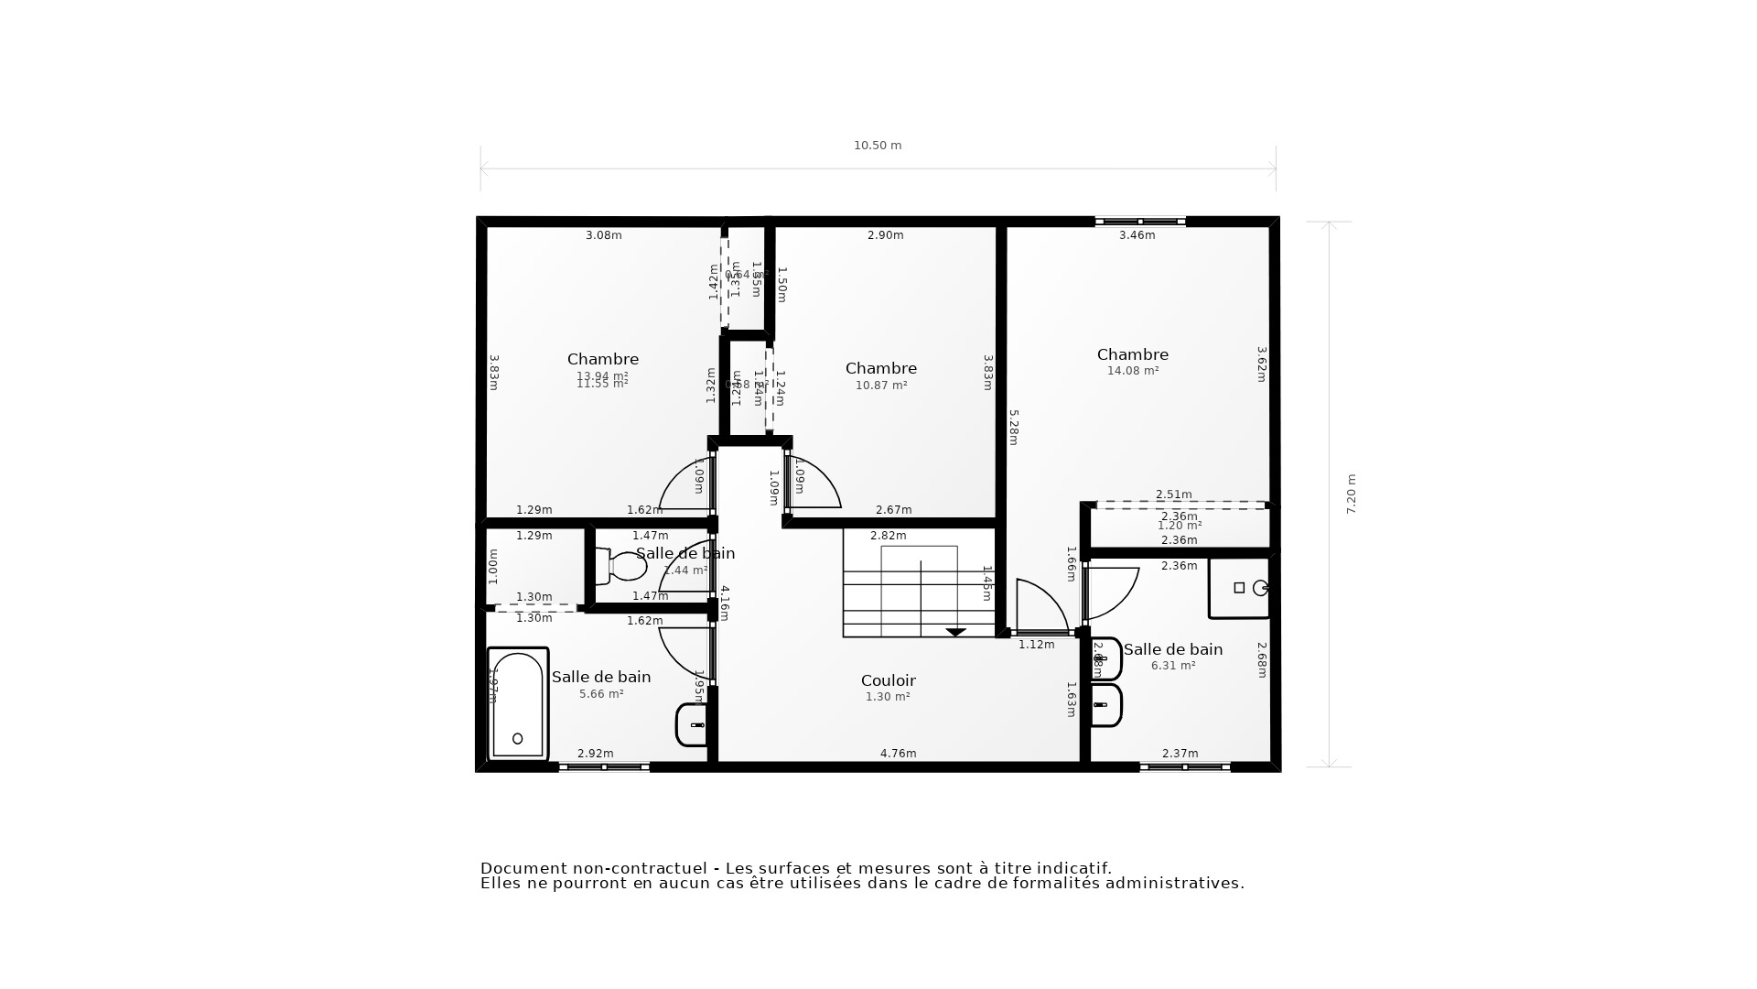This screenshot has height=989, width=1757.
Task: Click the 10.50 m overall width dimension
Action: [877, 146]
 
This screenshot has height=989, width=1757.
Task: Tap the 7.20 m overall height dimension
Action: [1351, 494]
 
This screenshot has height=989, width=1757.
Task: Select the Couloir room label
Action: [888, 680]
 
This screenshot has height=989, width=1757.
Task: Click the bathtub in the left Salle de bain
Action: [518, 704]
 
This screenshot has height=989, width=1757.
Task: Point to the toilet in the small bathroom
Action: [622, 566]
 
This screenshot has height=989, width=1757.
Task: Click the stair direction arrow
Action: [955, 632]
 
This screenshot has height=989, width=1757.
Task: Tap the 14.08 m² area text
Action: [1133, 371]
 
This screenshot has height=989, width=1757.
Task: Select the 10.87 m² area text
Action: [881, 386]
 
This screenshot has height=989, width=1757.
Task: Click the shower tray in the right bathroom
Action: [1239, 588]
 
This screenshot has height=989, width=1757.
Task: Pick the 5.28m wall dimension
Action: [1013, 428]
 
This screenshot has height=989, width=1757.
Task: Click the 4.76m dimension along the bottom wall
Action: [898, 754]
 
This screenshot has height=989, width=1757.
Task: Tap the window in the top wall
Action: [1140, 222]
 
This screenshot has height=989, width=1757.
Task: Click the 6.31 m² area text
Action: [1173, 666]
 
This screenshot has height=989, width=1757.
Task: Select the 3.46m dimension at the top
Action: [1137, 235]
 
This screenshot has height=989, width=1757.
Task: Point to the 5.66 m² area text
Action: [601, 694]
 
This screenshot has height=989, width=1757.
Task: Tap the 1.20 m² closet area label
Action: [1179, 526]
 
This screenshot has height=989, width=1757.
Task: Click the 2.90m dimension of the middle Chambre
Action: [885, 235]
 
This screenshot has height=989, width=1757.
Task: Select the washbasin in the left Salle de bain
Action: [693, 725]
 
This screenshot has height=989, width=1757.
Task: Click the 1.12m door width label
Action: [1036, 645]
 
